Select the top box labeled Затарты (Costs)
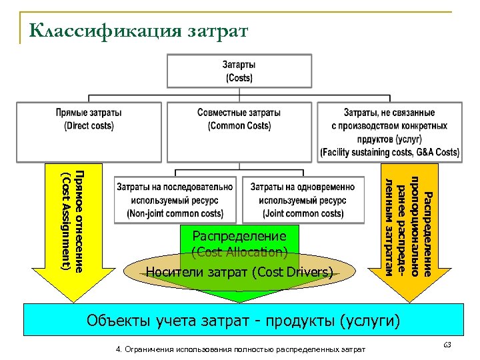[239, 71]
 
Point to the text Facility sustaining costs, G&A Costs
[389, 152]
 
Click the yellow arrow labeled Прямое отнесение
[71, 227]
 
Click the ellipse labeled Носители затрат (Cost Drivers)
[239, 272]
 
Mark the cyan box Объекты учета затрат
[243, 321]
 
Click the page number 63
[447, 344]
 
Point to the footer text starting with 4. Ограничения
[241, 349]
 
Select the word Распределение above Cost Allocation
[239, 235]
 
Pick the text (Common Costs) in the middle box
[239, 126]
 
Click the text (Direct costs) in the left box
[89, 126]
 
